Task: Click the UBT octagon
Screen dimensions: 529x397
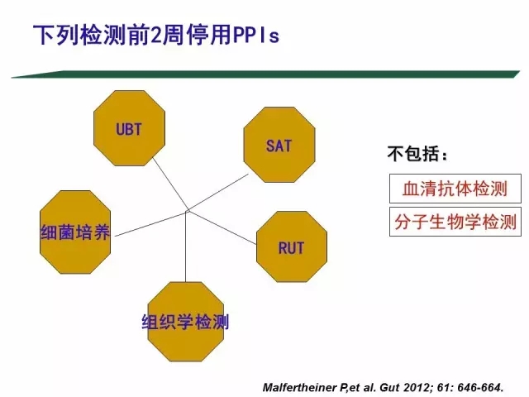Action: point(129,128)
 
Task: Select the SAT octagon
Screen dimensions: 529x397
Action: point(279,145)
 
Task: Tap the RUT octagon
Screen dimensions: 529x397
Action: point(292,246)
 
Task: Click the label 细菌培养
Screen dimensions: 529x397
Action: point(75,232)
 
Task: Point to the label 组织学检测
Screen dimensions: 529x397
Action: point(185,322)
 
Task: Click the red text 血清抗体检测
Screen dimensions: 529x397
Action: point(455,189)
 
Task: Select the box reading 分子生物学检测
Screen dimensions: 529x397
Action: point(455,222)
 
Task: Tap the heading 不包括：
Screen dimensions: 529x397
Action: point(418,154)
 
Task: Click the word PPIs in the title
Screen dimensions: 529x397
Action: point(256,36)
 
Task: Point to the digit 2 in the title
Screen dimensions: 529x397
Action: point(155,36)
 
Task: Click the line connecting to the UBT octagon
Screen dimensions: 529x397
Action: point(171,184)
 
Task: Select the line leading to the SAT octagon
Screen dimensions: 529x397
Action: point(217,193)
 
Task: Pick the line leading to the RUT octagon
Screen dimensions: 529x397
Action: point(222,227)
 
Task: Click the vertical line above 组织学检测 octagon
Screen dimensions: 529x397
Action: point(185,247)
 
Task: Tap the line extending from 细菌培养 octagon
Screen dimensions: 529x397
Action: point(151,223)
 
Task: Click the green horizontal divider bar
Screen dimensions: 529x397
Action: point(265,74)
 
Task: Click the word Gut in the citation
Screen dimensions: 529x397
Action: point(389,387)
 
